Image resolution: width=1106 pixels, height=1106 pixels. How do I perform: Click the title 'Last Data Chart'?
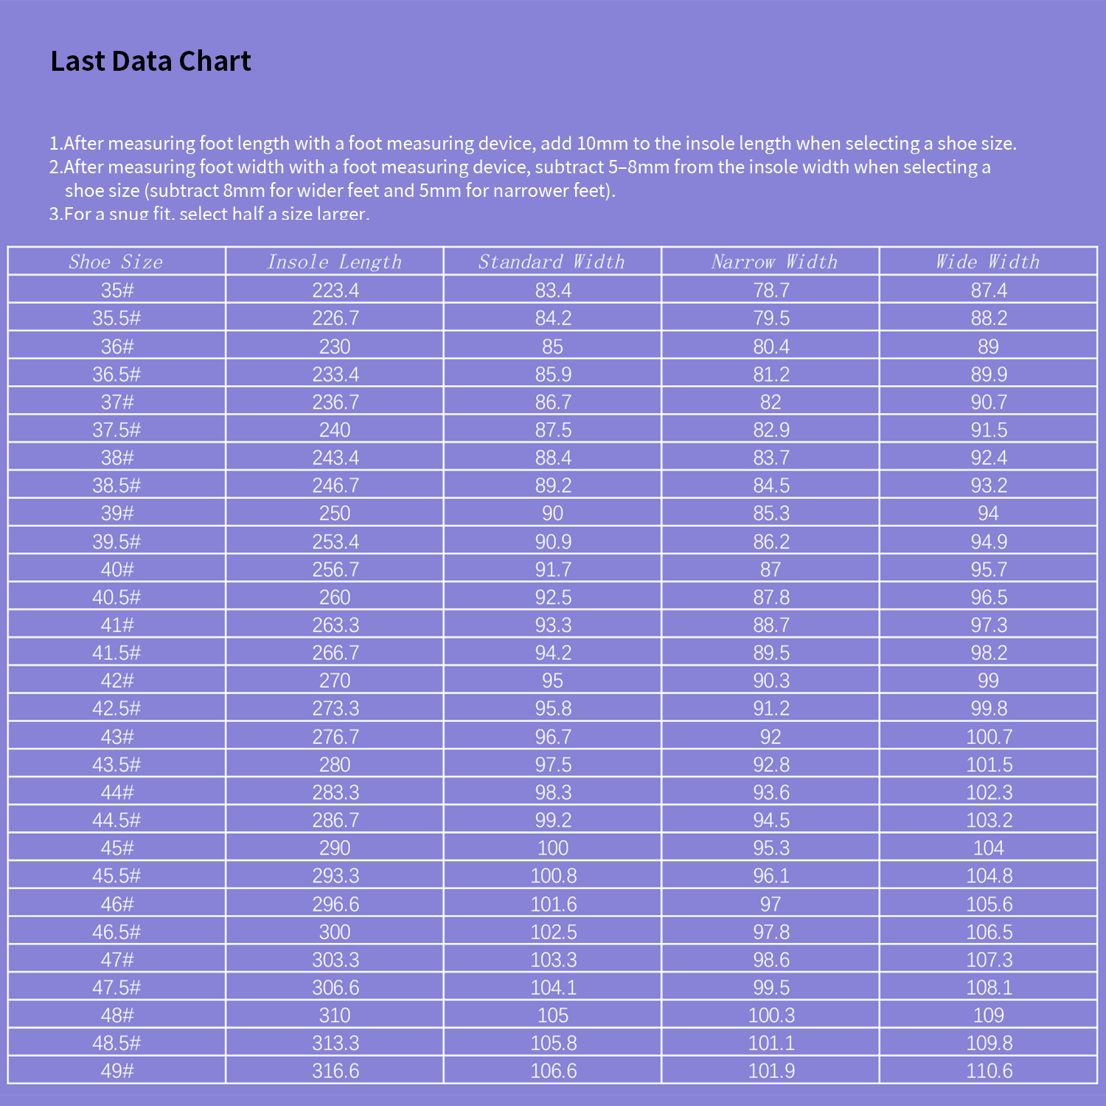tap(150, 61)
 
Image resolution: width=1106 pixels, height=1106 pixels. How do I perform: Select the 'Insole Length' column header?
tap(334, 262)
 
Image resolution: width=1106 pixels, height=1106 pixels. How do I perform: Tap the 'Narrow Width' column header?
tap(773, 262)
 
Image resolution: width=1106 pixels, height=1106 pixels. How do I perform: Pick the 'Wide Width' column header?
tap(987, 262)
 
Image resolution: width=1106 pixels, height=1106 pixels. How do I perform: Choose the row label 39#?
tap(117, 513)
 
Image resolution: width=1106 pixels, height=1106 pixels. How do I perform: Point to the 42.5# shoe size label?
tap(116, 709)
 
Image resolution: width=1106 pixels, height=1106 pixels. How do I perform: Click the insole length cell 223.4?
tap(335, 291)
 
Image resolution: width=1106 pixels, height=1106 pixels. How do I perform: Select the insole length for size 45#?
tap(335, 848)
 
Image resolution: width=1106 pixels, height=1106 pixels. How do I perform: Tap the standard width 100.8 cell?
tap(554, 876)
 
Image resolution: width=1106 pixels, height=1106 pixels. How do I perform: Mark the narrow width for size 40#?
tap(771, 569)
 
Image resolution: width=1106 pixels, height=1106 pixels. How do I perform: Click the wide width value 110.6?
tap(990, 1071)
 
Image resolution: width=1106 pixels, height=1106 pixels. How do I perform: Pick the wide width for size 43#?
tap(990, 737)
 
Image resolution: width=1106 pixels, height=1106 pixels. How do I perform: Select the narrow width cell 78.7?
tap(771, 291)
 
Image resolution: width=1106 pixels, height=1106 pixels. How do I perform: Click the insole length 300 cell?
tap(335, 932)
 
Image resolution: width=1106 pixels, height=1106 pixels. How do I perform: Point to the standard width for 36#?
tap(552, 347)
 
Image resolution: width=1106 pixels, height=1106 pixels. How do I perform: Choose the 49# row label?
tap(117, 1071)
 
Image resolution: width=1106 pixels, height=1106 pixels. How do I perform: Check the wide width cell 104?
tap(989, 848)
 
